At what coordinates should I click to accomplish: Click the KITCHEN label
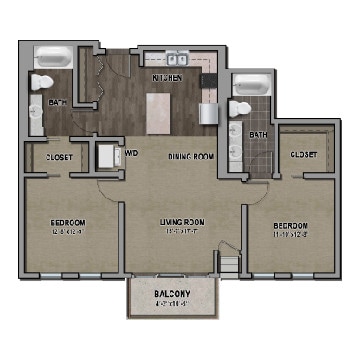pos(166,76)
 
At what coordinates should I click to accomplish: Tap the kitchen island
pos(159,112)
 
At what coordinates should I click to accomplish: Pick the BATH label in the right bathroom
pos(259,134)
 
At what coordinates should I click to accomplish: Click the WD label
pos(132,153)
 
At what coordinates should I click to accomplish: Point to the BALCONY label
pos(171,293)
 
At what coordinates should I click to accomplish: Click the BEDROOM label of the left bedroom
pos(68,221)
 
